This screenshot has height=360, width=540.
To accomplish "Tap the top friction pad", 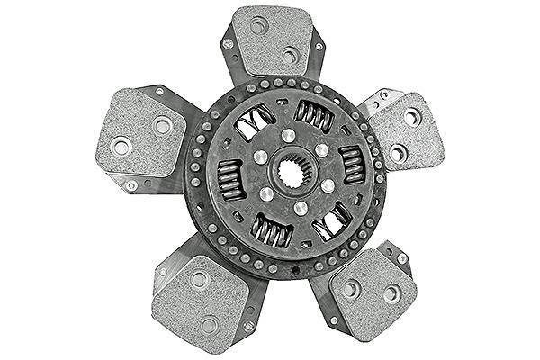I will pos(272,41).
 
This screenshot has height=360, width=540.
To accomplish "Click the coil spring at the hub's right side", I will pos(353,164).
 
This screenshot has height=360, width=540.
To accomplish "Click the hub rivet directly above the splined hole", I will pos(287,135).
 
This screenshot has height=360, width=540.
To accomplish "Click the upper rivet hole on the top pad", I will pos(259,25).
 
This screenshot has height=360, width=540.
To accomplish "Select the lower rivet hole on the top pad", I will pos(289,55).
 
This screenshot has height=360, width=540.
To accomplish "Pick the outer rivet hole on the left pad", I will pos(120,144).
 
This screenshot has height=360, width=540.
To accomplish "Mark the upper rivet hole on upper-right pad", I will pos(411,116).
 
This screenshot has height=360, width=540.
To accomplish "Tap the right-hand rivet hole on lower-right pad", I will pos(391,293).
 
